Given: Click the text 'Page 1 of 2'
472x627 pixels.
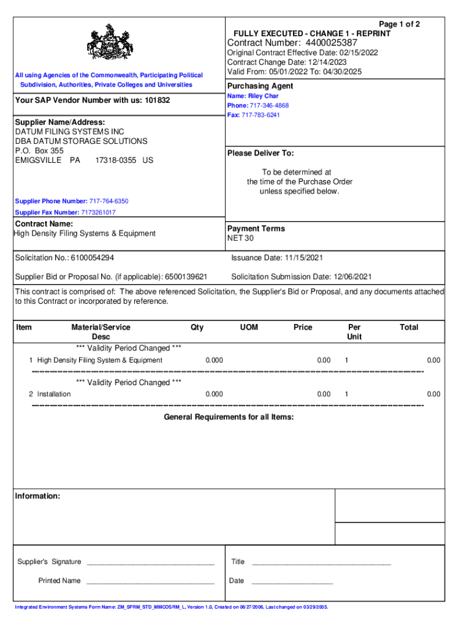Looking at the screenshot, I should coord(400,24).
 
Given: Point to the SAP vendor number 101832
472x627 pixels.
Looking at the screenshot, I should coord(158,100).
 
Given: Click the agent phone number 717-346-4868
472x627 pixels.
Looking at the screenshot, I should coord(266,105).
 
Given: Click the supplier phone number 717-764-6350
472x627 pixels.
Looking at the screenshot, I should coord(108,201).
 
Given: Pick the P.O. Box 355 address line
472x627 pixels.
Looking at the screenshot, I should coord(39,151).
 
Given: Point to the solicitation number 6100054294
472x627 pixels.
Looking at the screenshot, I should coord(92,258).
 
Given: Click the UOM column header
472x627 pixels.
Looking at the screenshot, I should coord(249,328).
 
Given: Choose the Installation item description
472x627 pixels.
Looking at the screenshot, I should coord(54,394).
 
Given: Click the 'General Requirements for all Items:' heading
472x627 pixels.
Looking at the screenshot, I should coord(229,417).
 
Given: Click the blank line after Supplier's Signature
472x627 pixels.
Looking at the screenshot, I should coord(150,563).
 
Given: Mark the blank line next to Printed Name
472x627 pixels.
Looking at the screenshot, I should coord(150,582).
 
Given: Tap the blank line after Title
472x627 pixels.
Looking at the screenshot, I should coord(321,563).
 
